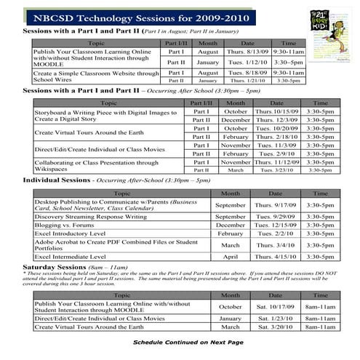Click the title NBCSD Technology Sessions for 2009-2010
[137, 15]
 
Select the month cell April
[231, 257]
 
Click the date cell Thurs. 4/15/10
[274, 257]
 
